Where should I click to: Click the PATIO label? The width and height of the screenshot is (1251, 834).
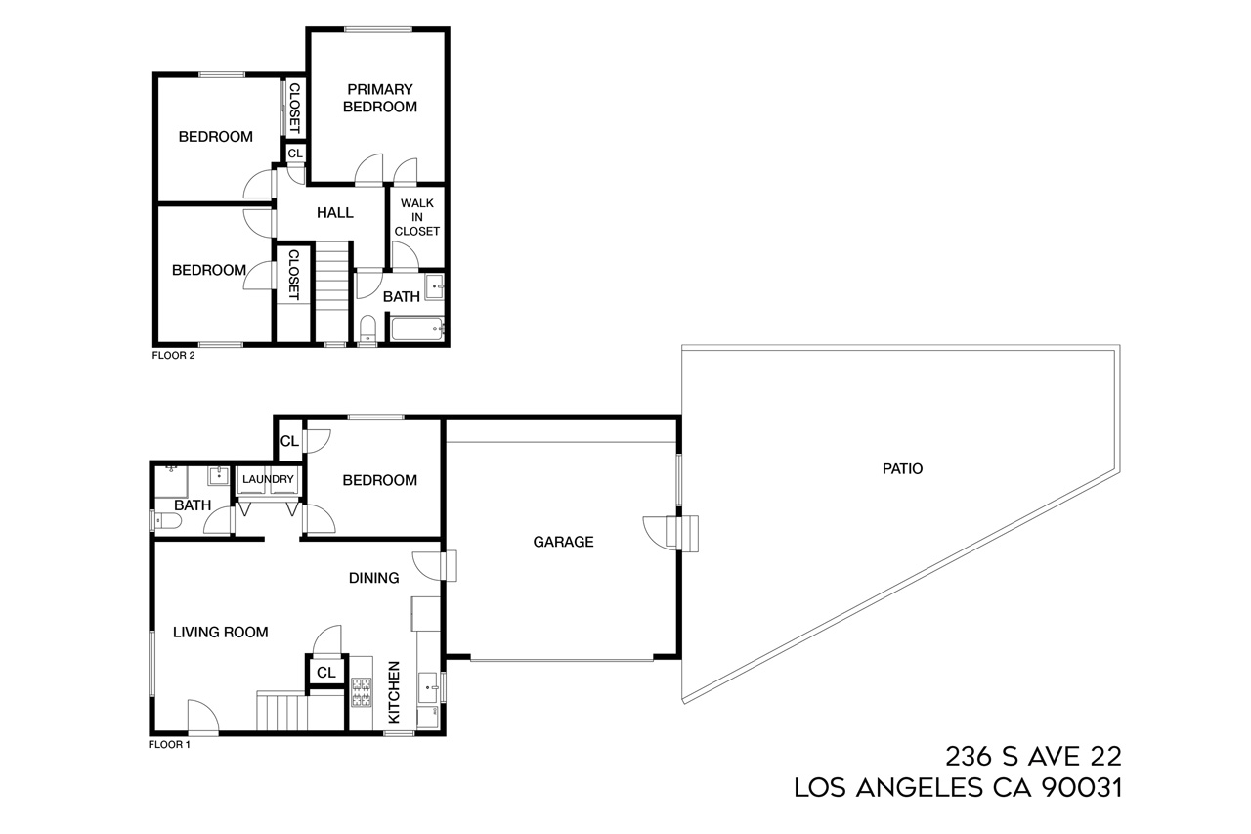[x=902, y=468]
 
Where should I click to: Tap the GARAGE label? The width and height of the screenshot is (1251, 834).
[x=563, y=541]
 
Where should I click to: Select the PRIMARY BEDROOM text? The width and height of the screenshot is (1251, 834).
[x=379, y=98]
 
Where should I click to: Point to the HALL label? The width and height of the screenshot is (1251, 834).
[x=335, y=212]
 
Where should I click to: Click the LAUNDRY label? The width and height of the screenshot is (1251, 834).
[x=268, y=479]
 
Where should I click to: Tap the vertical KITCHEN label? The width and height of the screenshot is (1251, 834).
[x=395, y=692]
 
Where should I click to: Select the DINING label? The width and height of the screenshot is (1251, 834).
[x=374, y=578]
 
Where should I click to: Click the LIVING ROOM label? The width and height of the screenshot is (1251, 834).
[x=220, y=632]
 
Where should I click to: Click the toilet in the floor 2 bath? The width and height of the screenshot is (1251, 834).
[x=368, y=328]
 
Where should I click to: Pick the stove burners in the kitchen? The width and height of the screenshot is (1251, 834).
[x=361, y=692]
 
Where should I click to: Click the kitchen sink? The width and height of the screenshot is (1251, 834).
[x=428, y=687]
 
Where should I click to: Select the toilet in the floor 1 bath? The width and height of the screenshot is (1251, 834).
[x=167, y=521]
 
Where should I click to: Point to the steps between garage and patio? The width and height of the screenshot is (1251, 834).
[x=688, y=533]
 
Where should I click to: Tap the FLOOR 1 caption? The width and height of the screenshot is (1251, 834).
[x=169, y=744]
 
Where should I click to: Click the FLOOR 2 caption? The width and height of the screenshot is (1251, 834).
[x=174, y=356]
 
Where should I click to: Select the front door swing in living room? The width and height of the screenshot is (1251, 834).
[x=200, y=716]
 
